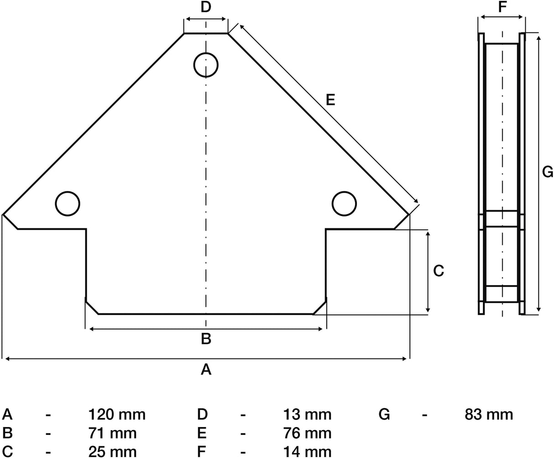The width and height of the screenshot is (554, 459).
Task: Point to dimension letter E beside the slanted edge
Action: (330, 100)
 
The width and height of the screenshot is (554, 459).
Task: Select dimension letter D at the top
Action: (206, 7)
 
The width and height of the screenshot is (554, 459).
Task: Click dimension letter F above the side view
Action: (502, 7)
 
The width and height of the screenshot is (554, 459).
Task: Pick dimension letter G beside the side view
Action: (548, 172)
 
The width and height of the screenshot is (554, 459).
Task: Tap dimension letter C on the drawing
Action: (439, 271)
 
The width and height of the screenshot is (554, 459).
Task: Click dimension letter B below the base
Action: (206, 339)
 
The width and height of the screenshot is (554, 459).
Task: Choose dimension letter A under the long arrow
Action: (206, 369)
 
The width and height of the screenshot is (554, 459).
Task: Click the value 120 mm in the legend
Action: (117, 415)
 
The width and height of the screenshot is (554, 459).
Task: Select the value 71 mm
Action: (112, 433)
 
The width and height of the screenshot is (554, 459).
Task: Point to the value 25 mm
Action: (112, 452)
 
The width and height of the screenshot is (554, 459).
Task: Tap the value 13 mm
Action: (307, 415)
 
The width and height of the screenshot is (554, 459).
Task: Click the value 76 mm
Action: (307, 433)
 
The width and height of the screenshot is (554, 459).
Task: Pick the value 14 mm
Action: (307, 452)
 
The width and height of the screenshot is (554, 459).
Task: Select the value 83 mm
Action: (489, 415)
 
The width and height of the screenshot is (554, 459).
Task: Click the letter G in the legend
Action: (384, 415)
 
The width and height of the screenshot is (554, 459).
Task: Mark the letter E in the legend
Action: (202, 433)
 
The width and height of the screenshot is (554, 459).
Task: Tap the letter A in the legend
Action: (7, 415)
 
